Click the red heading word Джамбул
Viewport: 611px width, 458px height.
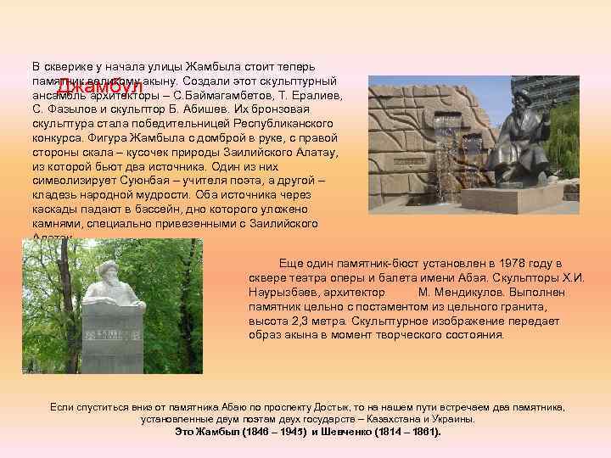tap(98, 87)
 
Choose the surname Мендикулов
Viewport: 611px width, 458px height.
tap(460, 292)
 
